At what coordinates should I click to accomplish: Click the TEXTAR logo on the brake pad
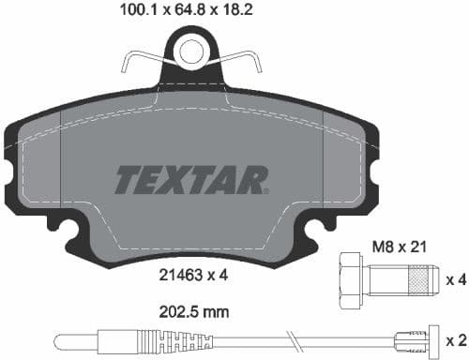(x=191, y=178)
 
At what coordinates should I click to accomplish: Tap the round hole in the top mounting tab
(x=193, y=50)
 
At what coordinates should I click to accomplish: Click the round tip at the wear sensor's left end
(x=59, y=339)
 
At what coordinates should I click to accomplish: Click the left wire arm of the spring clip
(x=141, y=60)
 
